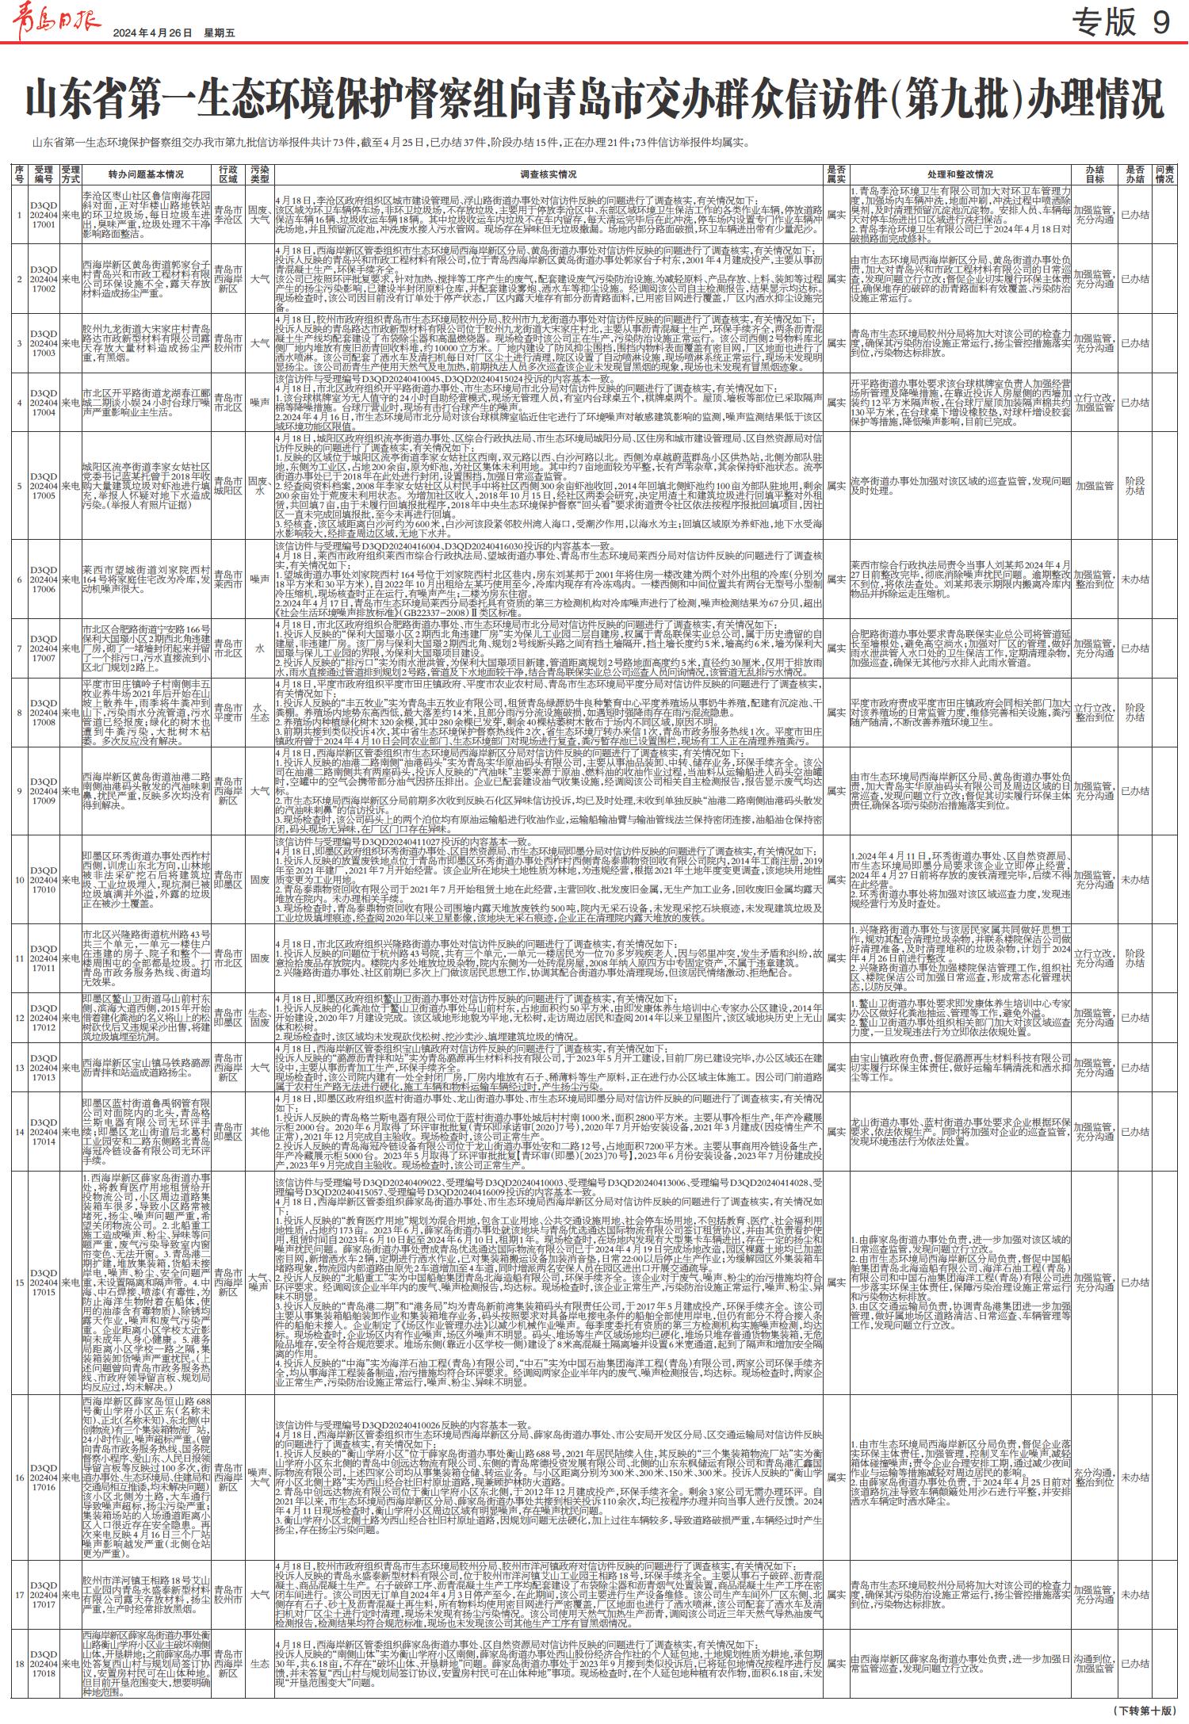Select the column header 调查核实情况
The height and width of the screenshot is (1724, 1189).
point(548,174)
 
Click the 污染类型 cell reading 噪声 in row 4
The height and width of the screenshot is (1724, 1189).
point(260,403)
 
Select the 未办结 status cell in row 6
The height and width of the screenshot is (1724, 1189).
point(1135,579)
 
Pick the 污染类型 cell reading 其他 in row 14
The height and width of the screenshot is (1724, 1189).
point(260,1132)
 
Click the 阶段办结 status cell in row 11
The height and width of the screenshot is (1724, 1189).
point(1135,958)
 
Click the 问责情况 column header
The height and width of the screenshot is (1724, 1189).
point(1164,174)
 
